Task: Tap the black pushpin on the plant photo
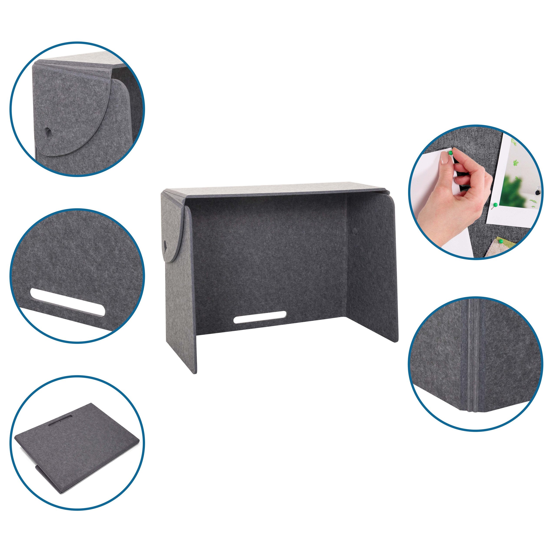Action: [537, 191]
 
